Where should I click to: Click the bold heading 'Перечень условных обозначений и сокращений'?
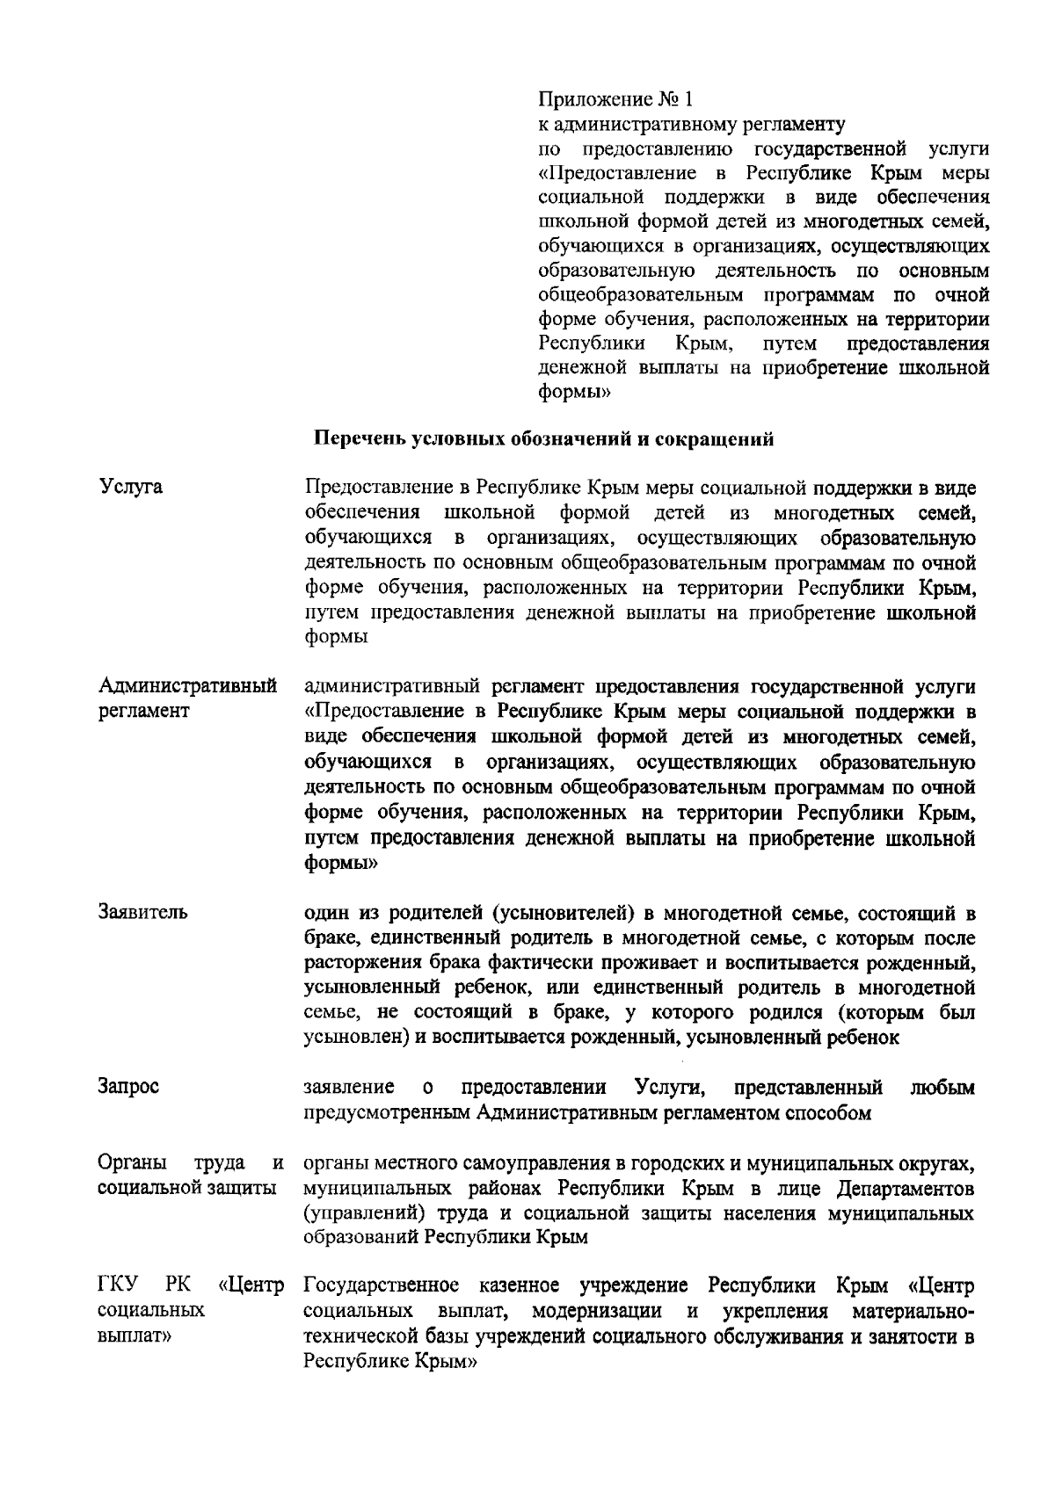(544, 439)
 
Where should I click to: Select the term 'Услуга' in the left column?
(130, 487)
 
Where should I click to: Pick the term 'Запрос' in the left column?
(128, 1087)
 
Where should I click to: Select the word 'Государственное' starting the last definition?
(381, 1287)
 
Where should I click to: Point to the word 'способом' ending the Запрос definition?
(830, 1113)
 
